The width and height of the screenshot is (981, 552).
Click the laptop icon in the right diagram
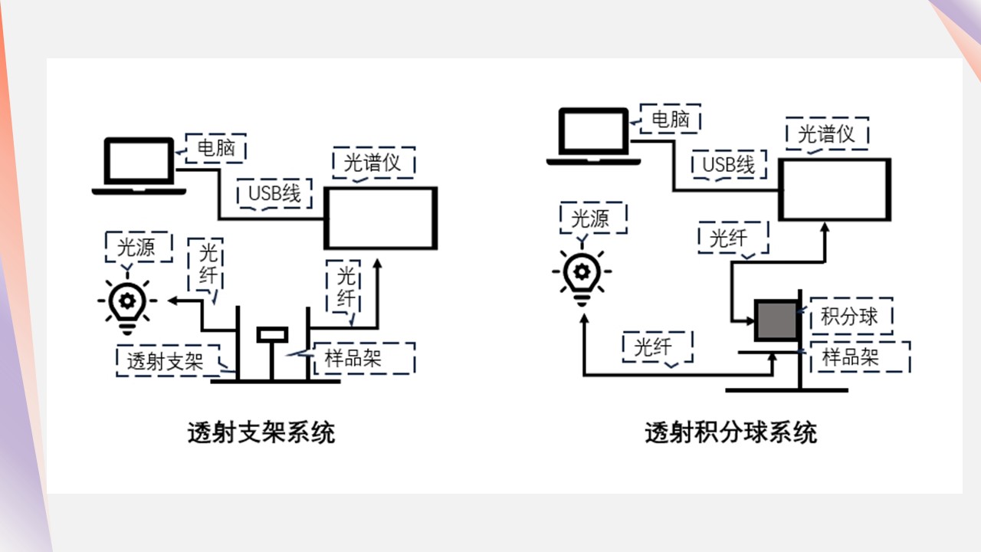593,136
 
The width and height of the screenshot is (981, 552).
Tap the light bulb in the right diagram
582,274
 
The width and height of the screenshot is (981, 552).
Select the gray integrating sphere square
776,320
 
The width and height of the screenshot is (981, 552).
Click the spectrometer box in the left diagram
381,218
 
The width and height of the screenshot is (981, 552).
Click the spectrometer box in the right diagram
835,189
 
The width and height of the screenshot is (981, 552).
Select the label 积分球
849,316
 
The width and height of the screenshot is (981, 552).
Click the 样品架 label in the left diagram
353,357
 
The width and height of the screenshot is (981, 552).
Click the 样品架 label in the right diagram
850,356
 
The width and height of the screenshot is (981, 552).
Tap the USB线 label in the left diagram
274,193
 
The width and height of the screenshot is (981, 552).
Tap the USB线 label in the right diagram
729,164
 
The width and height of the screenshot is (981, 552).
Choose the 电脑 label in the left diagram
215,147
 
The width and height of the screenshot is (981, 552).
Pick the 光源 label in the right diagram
591,219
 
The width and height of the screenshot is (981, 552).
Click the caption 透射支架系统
261,432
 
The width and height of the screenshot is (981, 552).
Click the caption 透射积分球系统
730,432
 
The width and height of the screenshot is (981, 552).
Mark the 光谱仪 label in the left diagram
372,163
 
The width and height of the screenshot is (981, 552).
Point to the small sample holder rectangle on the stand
272,334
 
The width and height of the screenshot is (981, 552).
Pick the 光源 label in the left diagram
137,246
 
